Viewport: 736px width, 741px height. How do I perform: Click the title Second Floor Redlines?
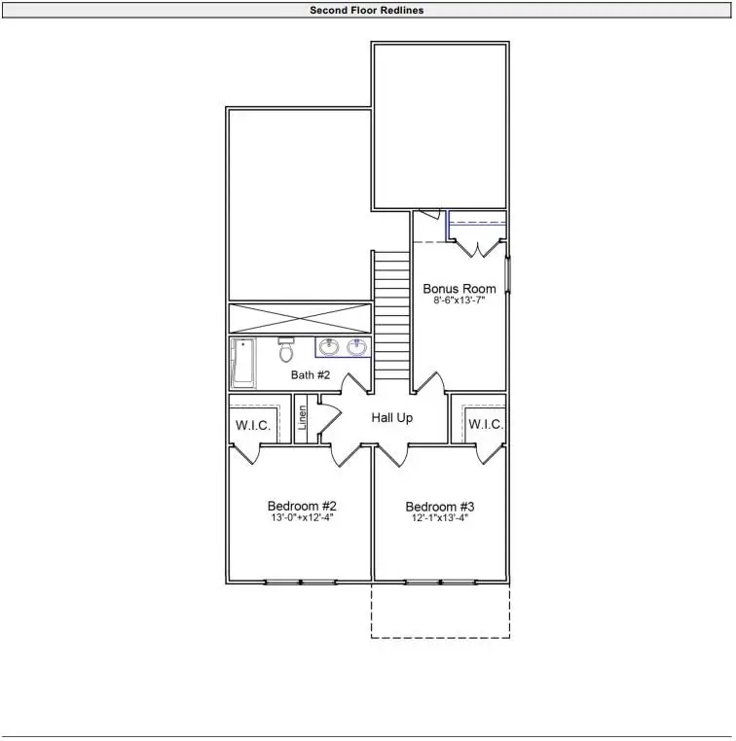click(367, 11)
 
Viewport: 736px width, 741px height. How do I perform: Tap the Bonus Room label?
click(459, 289)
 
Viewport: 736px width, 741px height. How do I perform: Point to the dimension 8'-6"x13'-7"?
click(459, 301)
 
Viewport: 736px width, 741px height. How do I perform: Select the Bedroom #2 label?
click(302, 507)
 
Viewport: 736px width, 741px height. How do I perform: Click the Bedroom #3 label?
click(440, 507)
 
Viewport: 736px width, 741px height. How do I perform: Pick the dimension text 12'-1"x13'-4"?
click(440, 519)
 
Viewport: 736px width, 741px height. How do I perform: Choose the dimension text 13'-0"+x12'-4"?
click(302, 519)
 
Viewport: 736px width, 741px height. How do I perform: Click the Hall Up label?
click(392, 418)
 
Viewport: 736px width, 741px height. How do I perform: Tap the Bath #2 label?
click(311, 374)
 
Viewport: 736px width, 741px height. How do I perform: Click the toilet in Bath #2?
click(285, 350)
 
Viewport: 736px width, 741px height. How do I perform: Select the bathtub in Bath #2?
click(241, 363)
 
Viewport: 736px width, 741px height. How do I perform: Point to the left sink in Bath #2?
click(329, 347)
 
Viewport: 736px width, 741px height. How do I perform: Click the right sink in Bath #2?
click(357, 347)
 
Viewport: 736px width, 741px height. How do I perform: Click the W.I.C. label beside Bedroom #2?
click(253, 425)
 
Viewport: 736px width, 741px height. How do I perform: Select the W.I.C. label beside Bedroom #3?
click(485, 425)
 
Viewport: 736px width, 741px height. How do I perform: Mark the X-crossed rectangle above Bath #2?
click(300, 318)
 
